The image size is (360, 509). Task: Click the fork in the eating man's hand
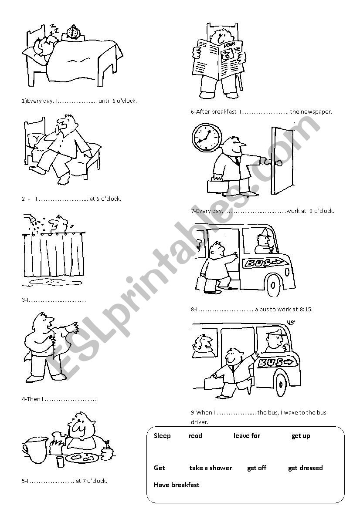pyautogui.click(x=107, y=445)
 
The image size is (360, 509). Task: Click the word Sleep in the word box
pyautogui.click(x=162, y=436)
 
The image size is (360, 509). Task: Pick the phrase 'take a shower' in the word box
pyautogui.click(x=211, y=468)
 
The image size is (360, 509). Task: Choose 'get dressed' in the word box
pyautogui.click(x=305, y=468)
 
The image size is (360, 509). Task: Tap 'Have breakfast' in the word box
pyautogui.click(x=177, y=485)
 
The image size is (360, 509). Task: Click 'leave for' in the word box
pyautogui.click(x=247, y=436)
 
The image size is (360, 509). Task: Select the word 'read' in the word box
pyautogui.click(x=195, y=436)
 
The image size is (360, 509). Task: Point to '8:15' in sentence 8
pyautogui.click(x=305, y=310)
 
